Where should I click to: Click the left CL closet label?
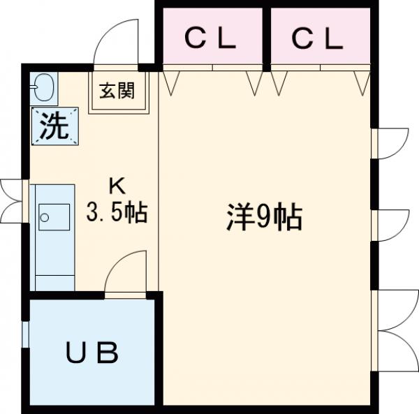pyautogui.click(x=210, y=40)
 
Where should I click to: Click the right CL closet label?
pyautogui.click(x=318, y=40)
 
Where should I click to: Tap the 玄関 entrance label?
pyautogui.click(x=117, y=89)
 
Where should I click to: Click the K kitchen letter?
pyautogui.click(x=116, y=186)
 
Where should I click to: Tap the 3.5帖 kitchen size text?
pyautogui.click(x=116, y=212)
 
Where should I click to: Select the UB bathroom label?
pyautogui.click(x=91, y=354)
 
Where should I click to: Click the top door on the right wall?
pyautogui.click(x=392, y=144)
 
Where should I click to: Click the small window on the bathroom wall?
pyautogui.click(x=25, y=334)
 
